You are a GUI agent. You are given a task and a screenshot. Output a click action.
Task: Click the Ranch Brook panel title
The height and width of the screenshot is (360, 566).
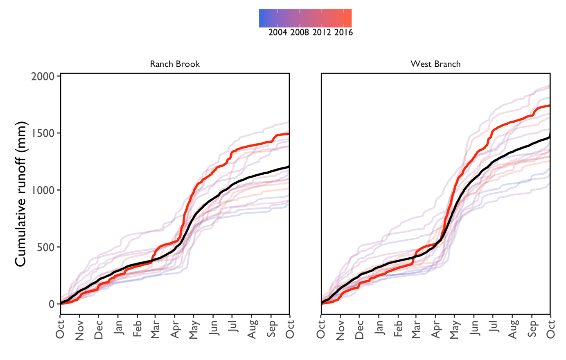[175, 64]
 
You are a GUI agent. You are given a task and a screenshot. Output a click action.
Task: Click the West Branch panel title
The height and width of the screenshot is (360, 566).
[435, 64]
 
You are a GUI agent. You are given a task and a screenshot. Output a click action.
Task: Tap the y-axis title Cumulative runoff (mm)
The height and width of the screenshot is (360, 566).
[21, 194]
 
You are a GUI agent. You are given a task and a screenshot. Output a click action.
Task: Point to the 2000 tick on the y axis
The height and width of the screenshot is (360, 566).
[43, 76]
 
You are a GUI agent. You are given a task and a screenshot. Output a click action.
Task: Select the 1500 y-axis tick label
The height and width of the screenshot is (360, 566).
[43, 133]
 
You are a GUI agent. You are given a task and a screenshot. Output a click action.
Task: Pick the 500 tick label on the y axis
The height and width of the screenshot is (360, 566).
[45, 247]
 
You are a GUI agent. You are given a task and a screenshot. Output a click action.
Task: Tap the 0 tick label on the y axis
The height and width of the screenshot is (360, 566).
[52, 304]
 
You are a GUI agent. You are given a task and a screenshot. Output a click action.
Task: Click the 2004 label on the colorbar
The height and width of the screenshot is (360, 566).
[277, 33]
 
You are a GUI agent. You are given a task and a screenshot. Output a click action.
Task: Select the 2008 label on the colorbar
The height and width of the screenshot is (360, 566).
[300, 33]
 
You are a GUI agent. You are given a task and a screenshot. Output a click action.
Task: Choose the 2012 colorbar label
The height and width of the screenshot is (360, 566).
[322, 33]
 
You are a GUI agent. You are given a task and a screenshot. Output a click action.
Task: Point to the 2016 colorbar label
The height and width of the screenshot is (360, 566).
[343, 33]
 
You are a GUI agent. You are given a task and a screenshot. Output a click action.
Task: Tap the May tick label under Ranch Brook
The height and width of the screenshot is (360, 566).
[194, 330]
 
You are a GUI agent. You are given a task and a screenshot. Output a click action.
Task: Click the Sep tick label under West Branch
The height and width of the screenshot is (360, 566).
[532, 329]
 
